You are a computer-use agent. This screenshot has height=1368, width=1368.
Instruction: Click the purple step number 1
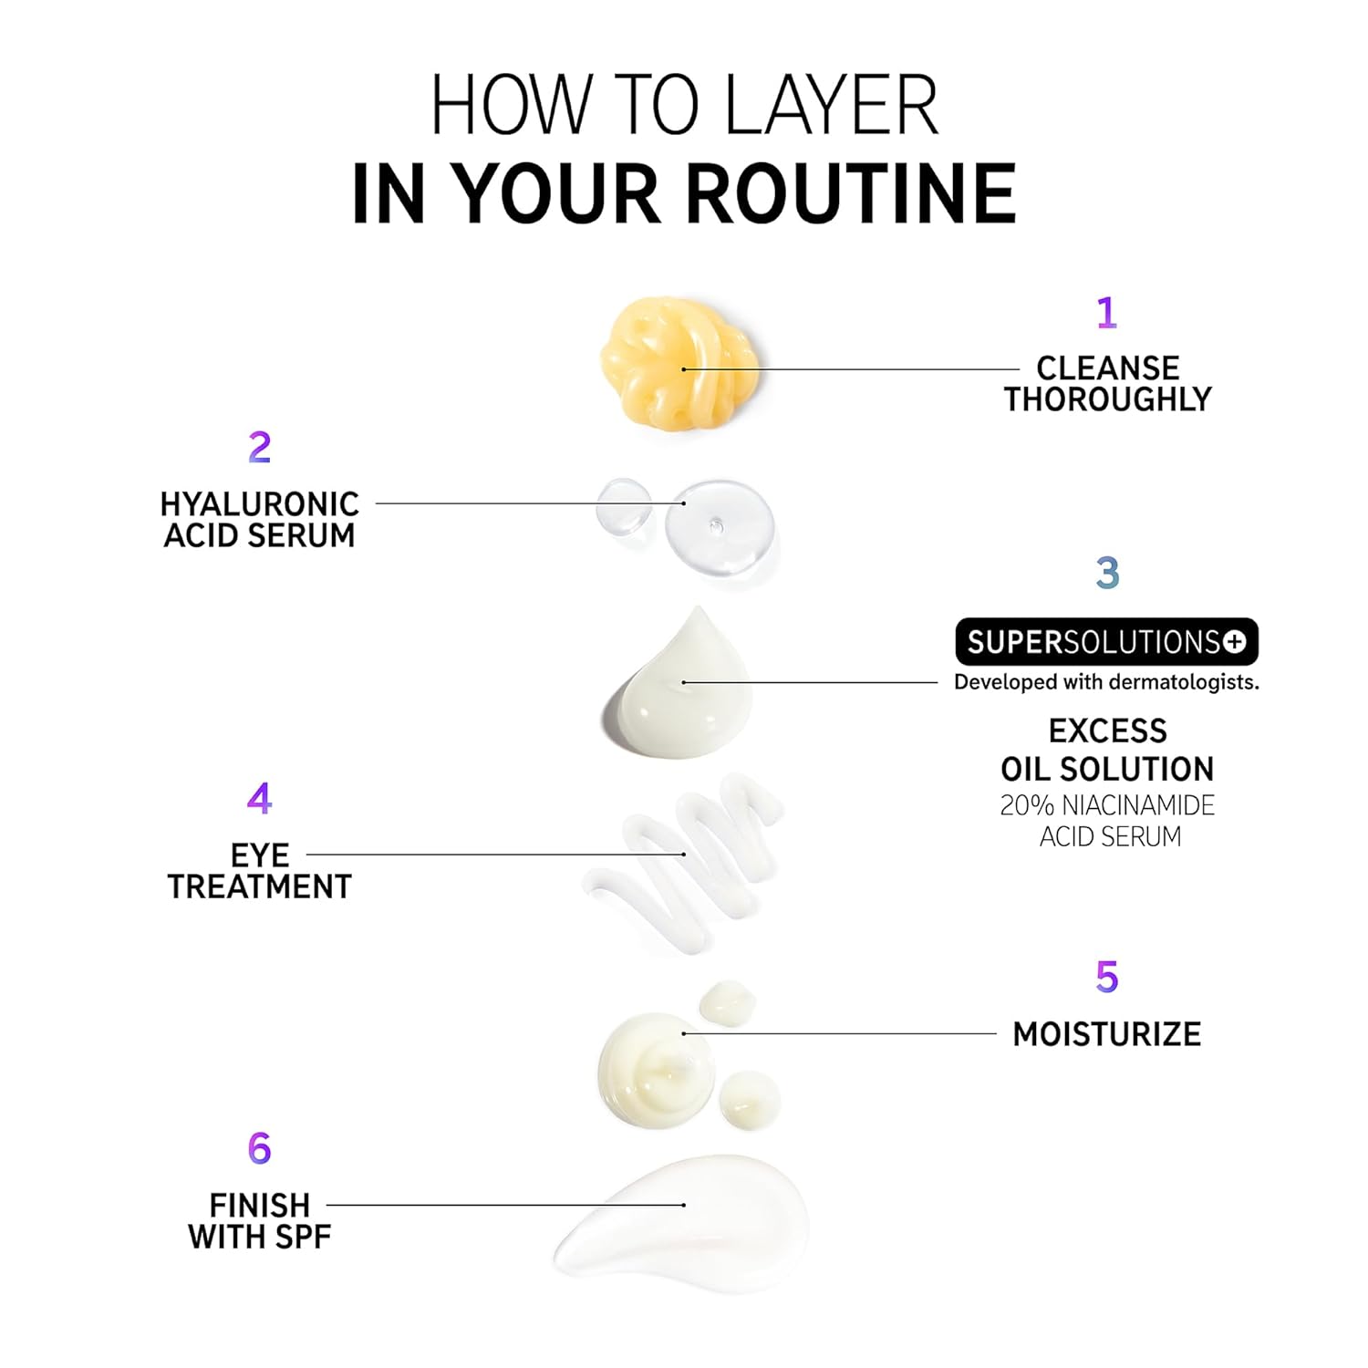coord(1106,313)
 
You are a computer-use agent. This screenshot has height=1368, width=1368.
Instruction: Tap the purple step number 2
coord(260,447)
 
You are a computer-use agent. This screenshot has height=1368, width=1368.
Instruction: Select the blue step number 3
coord(1107,573)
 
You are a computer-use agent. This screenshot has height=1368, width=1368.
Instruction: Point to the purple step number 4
coord(259,799)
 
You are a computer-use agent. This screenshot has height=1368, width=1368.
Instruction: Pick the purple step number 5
coord(1106,977)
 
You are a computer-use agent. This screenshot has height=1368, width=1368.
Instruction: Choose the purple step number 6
coord(260,1148)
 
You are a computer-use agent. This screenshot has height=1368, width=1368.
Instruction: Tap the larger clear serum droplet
coord(720,528)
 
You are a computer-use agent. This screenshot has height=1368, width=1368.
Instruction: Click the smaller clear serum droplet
coord(624,509)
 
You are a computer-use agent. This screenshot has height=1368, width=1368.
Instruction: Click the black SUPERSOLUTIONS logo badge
coord(1106,642)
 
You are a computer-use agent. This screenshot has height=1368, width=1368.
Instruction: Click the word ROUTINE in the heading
coord(852,193)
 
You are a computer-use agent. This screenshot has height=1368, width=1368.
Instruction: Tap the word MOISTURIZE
coord(1107,1034)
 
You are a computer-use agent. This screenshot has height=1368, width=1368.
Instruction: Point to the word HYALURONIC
coord(260,504)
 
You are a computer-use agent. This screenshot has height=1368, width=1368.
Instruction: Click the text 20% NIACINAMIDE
coord(1107,805)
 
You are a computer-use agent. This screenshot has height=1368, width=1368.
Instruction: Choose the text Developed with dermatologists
coord(1106,682)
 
